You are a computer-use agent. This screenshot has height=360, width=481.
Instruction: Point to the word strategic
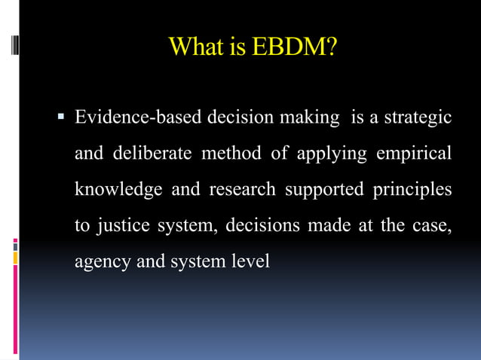(x=418, y=118)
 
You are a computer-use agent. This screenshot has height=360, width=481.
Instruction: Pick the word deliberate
(x=152, y=154)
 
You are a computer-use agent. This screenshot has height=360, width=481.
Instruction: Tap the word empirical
(x=414, y=154)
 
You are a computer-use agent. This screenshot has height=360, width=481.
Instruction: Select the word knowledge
(x=118, y=190)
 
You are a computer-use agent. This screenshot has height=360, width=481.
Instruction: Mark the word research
(x=242, y=190)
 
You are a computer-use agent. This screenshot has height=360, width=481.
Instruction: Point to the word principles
(x=412, y=190)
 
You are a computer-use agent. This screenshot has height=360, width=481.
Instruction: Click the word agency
(x=100, y=263)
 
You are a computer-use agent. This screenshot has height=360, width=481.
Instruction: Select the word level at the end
(x=250, y=261)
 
